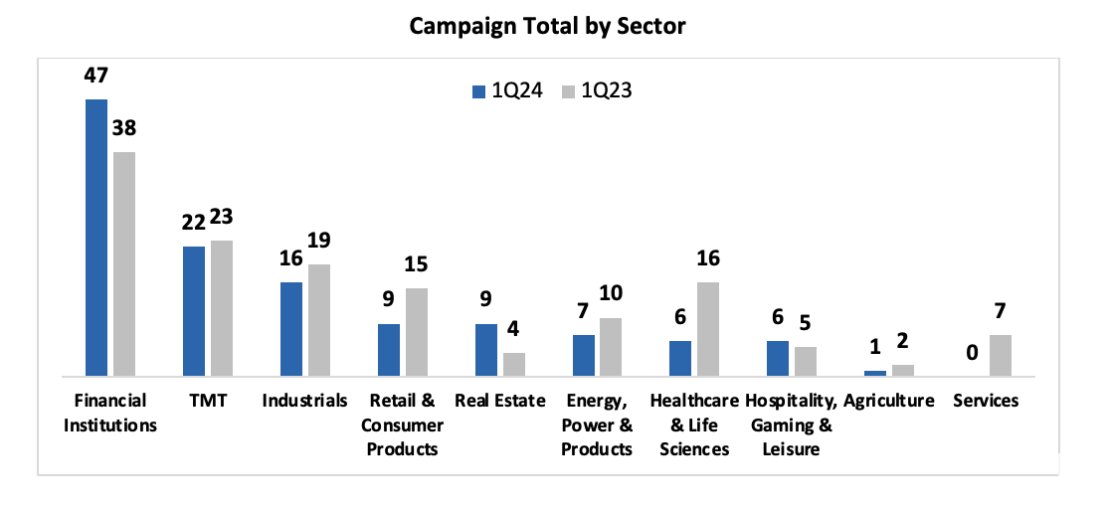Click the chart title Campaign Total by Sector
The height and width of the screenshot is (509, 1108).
point(548,26)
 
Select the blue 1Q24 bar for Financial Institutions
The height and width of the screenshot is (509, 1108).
point(95,238)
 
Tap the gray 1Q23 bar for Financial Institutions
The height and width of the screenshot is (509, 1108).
point(124,264)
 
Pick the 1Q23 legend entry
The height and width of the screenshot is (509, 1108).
point(597,90)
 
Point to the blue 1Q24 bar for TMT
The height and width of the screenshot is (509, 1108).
point(193,311)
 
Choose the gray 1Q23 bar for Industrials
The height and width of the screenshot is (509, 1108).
point(319,320)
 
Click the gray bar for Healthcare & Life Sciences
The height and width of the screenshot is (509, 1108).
point(709,329)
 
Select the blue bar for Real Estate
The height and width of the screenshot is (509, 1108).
point(485,350)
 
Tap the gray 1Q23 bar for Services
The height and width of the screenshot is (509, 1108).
point(1001,355)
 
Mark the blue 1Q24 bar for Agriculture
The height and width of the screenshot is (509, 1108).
point(875,373)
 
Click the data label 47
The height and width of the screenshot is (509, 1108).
point(95,77)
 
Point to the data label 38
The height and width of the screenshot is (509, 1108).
point(124,129)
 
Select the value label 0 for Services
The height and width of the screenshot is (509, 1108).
point(973,353)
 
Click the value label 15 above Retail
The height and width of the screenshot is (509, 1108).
point(417,265)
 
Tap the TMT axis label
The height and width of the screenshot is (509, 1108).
point(207,401)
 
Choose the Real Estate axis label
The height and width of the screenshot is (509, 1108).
point(499,401)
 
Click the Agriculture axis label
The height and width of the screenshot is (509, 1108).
point(889,401)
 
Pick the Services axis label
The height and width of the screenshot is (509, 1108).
point(986,401)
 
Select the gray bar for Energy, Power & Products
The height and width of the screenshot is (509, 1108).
point(612,347)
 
